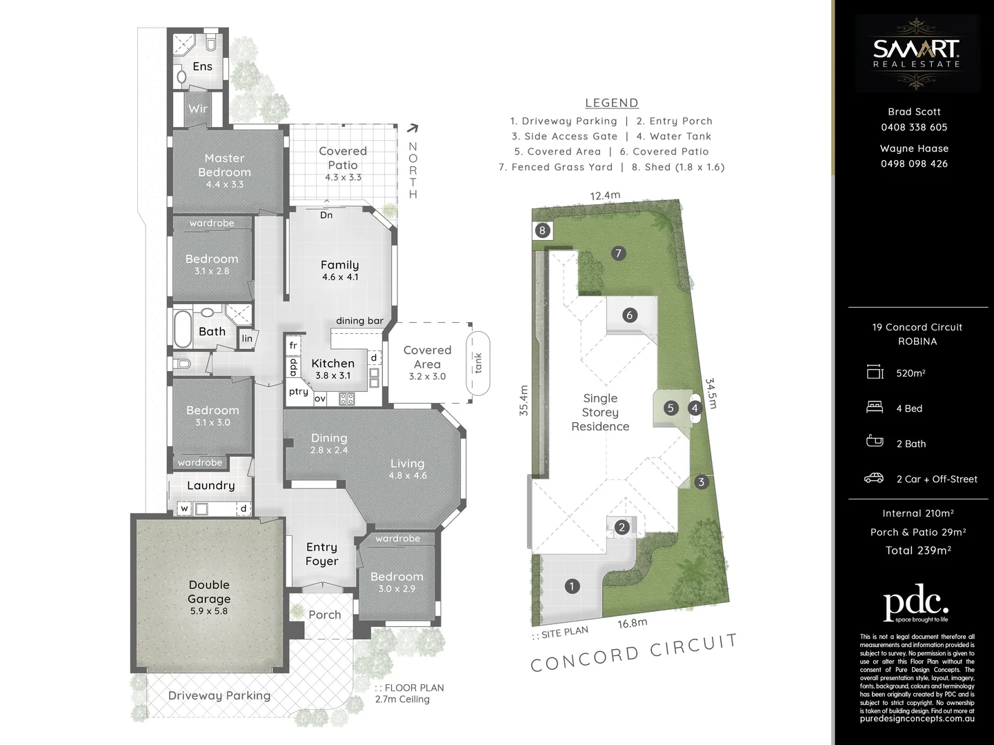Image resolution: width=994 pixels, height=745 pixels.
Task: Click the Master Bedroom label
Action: coord(224,165)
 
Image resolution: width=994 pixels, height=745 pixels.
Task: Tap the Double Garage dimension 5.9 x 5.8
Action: coord(208,611)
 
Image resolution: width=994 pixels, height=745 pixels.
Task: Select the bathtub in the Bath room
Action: coord(183,330)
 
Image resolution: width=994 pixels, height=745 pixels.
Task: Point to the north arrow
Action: coord(412,128)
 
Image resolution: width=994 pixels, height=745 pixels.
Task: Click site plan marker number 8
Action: coord(543,230)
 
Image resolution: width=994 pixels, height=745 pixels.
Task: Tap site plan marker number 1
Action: coord(572,586)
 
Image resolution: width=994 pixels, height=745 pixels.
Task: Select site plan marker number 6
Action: coord(628,315)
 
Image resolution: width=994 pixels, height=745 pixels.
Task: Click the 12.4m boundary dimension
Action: coord(605,196)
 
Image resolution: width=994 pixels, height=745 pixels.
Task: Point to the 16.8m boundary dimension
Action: coord(632,624)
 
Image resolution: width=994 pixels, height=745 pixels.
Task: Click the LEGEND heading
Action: coord(611,103)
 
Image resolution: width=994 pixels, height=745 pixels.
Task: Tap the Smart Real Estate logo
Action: coord(917,53)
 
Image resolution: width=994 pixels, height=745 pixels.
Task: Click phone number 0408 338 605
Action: coord(914,128)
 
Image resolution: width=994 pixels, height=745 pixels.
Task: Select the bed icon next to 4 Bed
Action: coord(875,408)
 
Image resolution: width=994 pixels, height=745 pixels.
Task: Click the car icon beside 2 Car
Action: coord(874,478)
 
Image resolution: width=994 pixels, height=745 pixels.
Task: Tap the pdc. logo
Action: coord(916,604)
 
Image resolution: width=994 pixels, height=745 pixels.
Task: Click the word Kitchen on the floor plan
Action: coord(332,364)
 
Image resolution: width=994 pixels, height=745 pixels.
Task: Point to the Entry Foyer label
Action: coord(321,554)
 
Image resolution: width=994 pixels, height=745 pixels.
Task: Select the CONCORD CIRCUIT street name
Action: coord(634,653)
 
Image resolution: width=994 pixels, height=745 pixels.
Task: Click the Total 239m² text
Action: coord(918,550)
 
